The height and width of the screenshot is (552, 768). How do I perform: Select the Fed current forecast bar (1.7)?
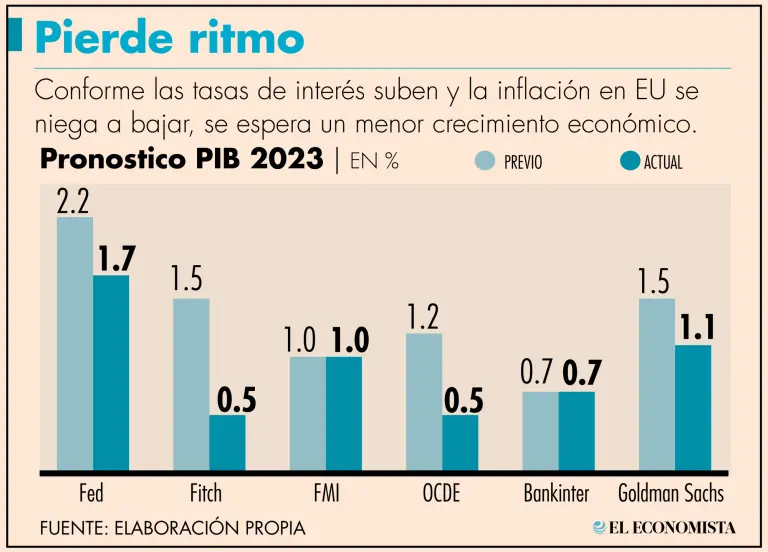(111, 372)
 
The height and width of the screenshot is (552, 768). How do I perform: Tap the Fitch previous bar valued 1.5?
(191, 384)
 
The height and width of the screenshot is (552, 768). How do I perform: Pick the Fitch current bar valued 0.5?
(227, 442)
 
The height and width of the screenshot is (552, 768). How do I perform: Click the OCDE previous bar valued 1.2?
(423, 401)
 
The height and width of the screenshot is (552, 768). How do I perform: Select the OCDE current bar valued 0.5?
(460, 442)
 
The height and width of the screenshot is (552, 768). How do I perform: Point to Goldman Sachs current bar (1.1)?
(692, 407)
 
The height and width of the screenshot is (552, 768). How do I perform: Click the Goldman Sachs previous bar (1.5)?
(656, 384)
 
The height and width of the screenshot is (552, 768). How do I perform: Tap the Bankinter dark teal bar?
(576, 430)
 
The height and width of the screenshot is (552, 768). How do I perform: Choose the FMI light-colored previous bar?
(308, 413)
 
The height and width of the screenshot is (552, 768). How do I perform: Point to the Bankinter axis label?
(557, 493)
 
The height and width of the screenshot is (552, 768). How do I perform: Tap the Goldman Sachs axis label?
(670, 493)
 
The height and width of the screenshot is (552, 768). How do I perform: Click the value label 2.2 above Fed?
(75, 201)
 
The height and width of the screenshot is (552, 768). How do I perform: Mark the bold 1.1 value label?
(696, 326)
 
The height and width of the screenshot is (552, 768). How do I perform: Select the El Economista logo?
(664, 526)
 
